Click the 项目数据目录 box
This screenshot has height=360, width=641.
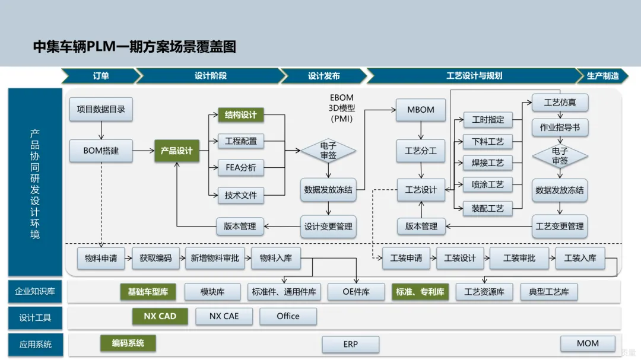[101, 109]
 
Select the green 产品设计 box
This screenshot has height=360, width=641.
[177, 151]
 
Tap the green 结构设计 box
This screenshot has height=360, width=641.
[241, 115]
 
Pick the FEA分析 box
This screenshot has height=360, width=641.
[241, 167]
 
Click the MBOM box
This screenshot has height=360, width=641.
[421, 110]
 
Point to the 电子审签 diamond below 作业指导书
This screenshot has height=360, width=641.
[560, 156]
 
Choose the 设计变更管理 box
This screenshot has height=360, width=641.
[328, 227]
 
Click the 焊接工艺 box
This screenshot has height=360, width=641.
[487, 163]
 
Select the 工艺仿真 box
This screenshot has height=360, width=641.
[560, 103]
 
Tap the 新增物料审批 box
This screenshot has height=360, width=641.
[215, 258]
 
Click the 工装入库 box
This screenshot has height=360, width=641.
[580, 258]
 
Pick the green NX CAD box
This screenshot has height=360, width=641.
[160, 316]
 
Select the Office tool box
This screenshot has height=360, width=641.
[288, 316]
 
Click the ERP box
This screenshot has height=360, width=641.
[350, 344]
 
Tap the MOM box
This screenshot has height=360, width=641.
[588, 343]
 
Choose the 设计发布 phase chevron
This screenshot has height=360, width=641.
[324, 76]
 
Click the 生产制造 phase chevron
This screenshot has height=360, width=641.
[602, 76]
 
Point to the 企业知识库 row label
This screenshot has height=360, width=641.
[35, 291]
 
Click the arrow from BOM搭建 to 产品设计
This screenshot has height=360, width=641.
[144, 151]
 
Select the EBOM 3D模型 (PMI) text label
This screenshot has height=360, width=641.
[342, 109]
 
